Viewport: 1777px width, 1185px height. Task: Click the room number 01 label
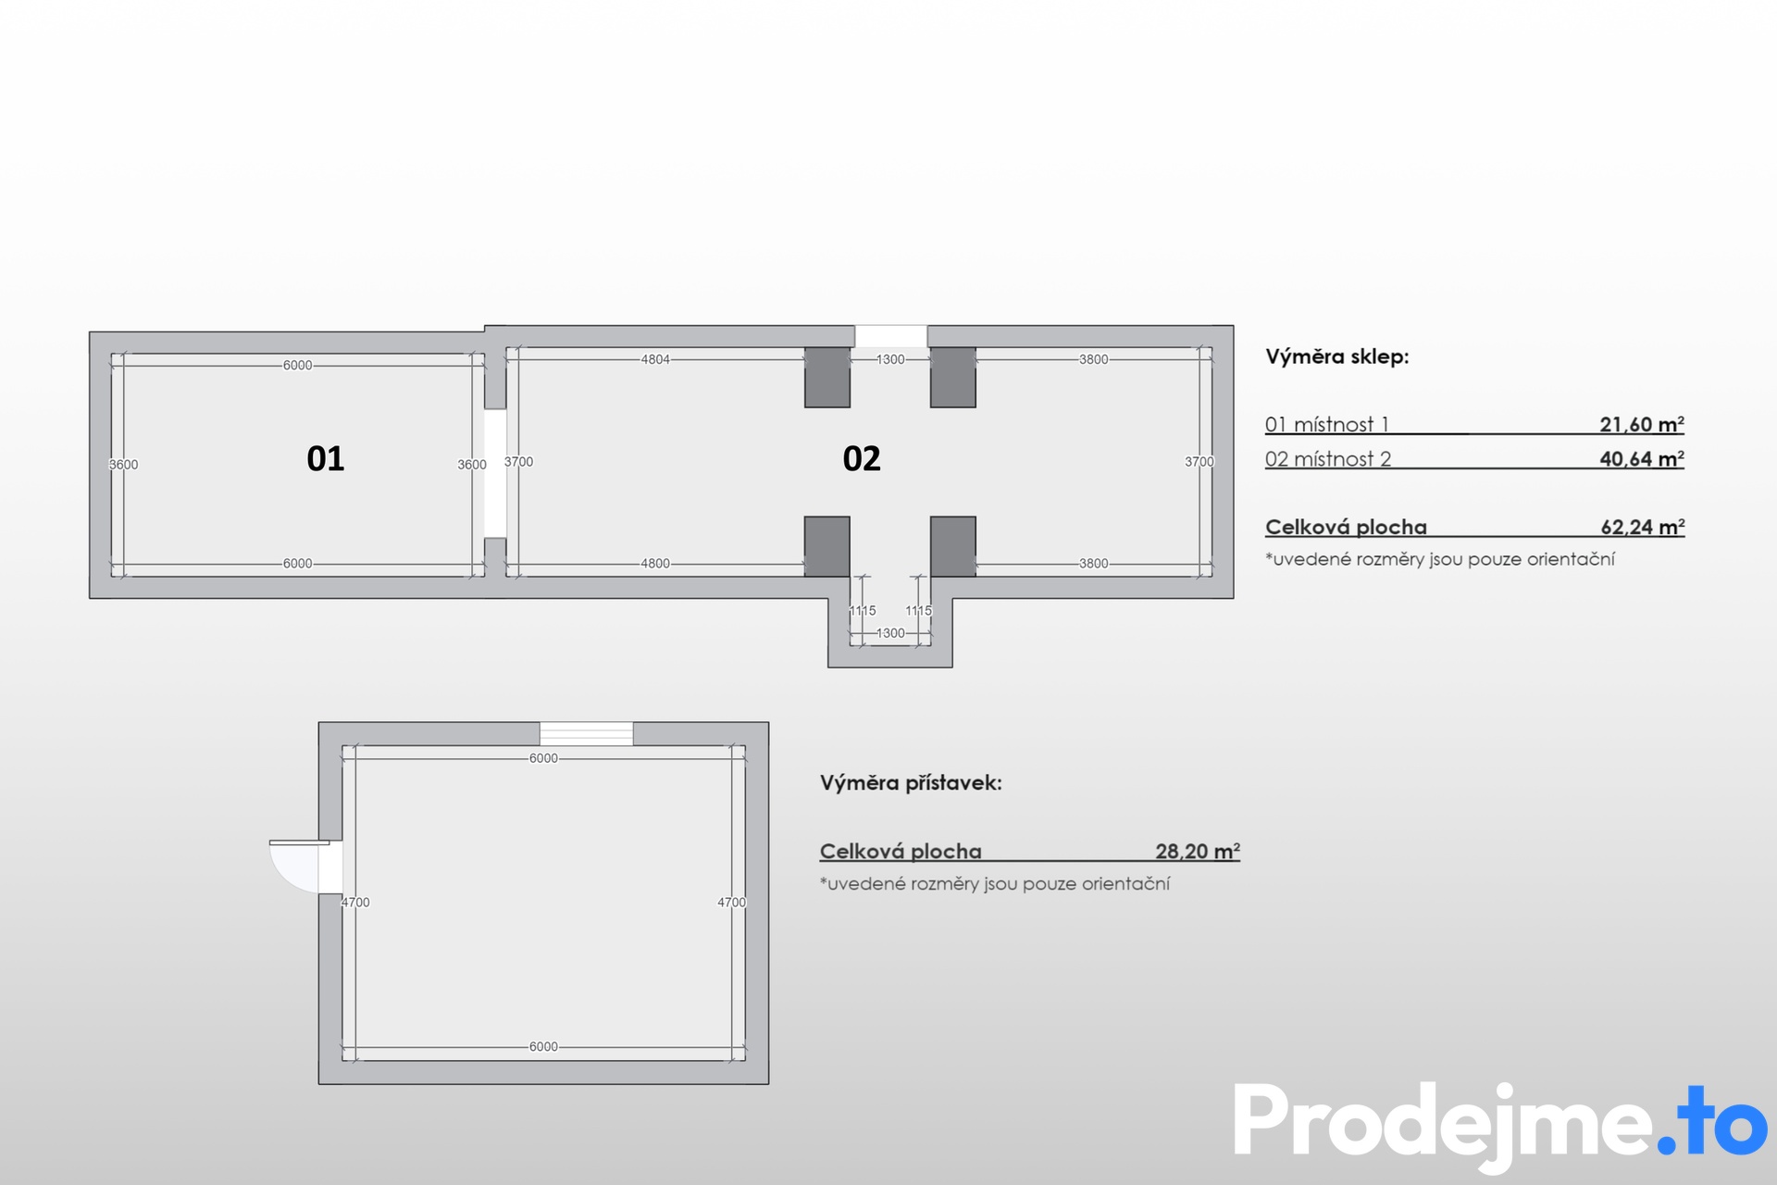pos(325,458)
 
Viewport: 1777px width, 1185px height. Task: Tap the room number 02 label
pos(862,458)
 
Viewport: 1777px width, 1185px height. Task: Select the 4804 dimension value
pos(655,359)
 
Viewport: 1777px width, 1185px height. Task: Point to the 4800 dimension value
pos(655,563)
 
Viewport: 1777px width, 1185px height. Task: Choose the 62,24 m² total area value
pos(1643,527)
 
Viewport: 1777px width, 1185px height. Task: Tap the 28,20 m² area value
pos(1198,851)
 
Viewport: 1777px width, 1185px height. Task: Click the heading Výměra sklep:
pos(1336,356)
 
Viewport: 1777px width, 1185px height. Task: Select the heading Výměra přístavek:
pos(911,783)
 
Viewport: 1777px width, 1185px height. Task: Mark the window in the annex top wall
pos(587,733)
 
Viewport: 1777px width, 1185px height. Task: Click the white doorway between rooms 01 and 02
pos(495,473)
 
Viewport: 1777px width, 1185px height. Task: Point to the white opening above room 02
pos(890,336)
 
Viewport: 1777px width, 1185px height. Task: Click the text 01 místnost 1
pos(1326,424)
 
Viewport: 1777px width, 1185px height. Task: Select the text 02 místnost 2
pos(1327,458)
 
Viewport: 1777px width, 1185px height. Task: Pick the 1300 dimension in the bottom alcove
pos(890,633)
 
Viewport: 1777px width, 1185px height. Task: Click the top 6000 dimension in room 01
pos(297,366)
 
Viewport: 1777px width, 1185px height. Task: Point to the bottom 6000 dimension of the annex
pos(543,1047)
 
